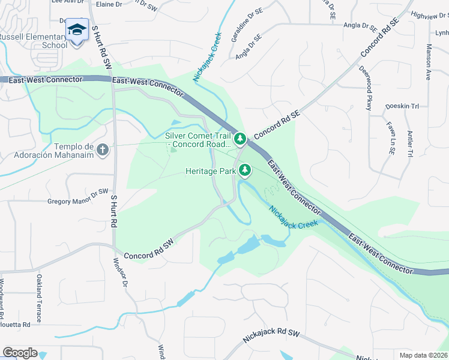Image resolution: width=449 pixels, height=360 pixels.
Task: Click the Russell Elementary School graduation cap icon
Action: [77, 29]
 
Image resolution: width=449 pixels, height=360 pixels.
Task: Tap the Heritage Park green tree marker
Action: [245, 170]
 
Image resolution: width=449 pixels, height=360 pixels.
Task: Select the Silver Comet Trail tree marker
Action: [240, 139]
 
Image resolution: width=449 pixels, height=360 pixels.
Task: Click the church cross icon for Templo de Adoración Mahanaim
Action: [103, 149]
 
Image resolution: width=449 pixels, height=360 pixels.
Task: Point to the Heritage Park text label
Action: [211, 171]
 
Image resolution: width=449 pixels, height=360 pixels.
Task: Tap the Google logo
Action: [20, 353]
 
